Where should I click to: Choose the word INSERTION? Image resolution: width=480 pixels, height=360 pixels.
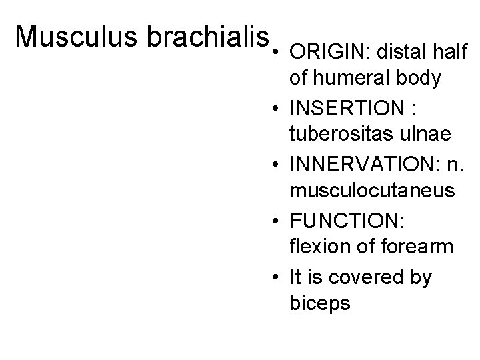[x=345, y=107]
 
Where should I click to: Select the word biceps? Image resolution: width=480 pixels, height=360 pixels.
[x=320, y=303]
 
